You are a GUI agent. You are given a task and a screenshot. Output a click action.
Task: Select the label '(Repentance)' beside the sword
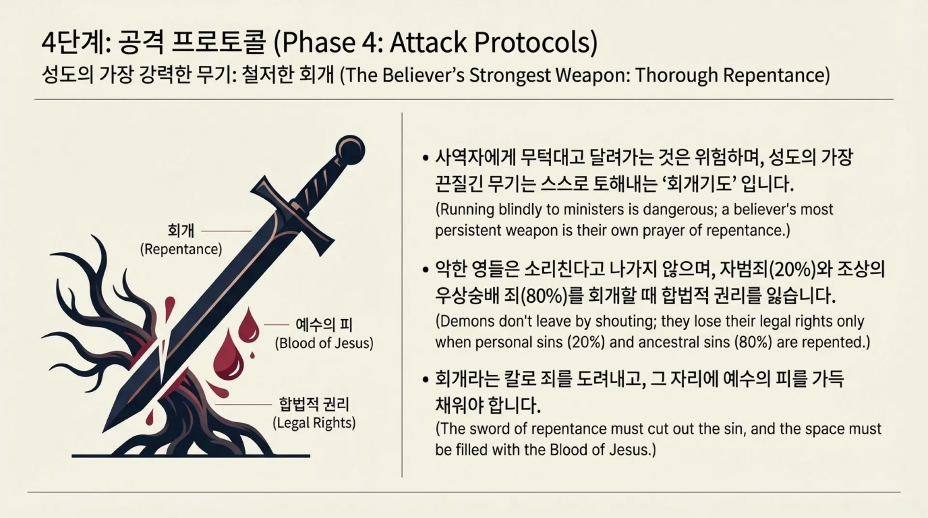point(181,249)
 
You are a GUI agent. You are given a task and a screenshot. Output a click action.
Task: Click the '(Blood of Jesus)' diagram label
point(324,343)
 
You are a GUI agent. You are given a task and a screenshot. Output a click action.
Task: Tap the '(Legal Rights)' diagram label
point(314,423)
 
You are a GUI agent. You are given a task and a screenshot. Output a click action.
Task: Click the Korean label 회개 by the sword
point(181,230)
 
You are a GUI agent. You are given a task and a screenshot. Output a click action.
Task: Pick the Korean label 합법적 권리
point(314,404)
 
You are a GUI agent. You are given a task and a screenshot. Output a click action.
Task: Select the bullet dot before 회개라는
point(425,379)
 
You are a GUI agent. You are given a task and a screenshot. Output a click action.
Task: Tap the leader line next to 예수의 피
point(276,325)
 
